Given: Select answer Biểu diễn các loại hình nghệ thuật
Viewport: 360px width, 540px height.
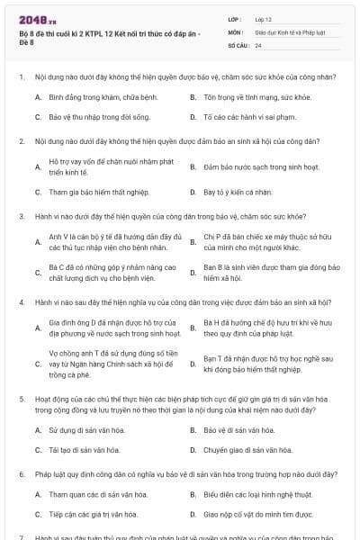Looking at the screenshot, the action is (257, 494).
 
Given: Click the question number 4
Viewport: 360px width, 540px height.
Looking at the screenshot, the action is (21, 303).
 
